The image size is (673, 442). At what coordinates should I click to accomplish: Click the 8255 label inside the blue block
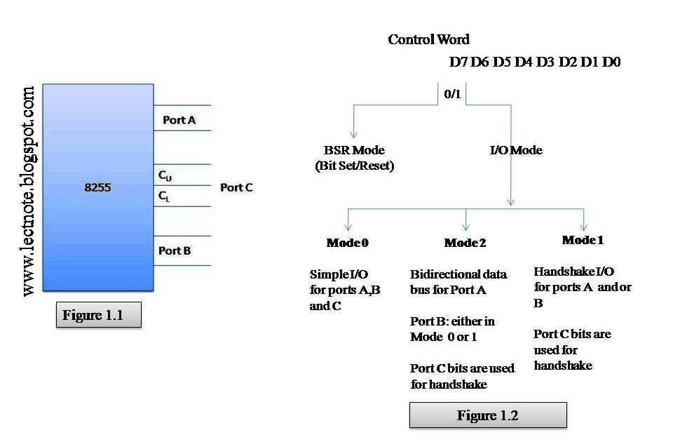[x=97, y=188]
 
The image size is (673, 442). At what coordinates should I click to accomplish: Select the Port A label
[x=179, y=120]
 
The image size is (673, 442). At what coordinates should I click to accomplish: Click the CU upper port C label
[x=165, y=175]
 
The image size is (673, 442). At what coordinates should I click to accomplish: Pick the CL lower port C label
[x=165, y=197]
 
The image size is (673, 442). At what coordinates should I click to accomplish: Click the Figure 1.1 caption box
[x=98, y=315]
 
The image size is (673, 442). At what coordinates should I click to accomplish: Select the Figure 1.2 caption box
[x=487, y=415]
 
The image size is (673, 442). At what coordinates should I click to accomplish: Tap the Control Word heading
[x=429, y=39]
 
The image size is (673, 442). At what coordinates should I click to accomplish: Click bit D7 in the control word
[x=458, y=62]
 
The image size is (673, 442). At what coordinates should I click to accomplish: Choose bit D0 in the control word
[x=611, y=62]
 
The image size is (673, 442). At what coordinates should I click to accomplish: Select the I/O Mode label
[x=516, y=150]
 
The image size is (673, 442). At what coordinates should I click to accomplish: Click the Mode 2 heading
[x=465, y=243]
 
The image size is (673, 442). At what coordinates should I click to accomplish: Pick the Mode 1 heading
[x=583, y=240]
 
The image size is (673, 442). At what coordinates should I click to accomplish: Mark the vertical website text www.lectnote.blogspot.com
[x=29, y=190]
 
